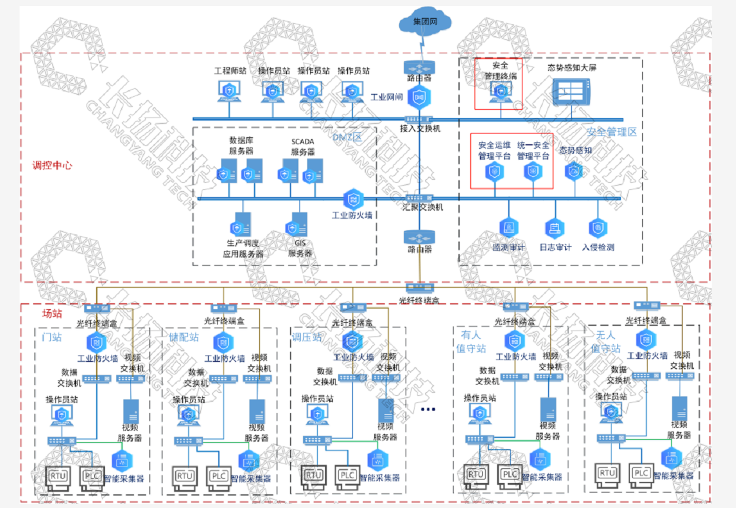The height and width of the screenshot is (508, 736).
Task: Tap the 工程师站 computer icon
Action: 229,91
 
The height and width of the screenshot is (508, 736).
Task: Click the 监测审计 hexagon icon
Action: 508,228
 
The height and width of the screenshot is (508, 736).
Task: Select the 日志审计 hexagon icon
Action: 555,228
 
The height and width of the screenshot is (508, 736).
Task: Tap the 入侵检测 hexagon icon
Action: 597,228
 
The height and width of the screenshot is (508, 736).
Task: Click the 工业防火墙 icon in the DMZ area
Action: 353,199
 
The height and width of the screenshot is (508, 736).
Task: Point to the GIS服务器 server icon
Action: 298,226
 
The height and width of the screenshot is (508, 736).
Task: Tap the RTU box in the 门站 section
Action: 58,477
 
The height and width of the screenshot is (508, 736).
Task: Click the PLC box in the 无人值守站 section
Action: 641,473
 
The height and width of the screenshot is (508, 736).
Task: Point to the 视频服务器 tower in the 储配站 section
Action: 257,411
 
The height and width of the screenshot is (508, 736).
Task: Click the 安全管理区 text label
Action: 611,132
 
